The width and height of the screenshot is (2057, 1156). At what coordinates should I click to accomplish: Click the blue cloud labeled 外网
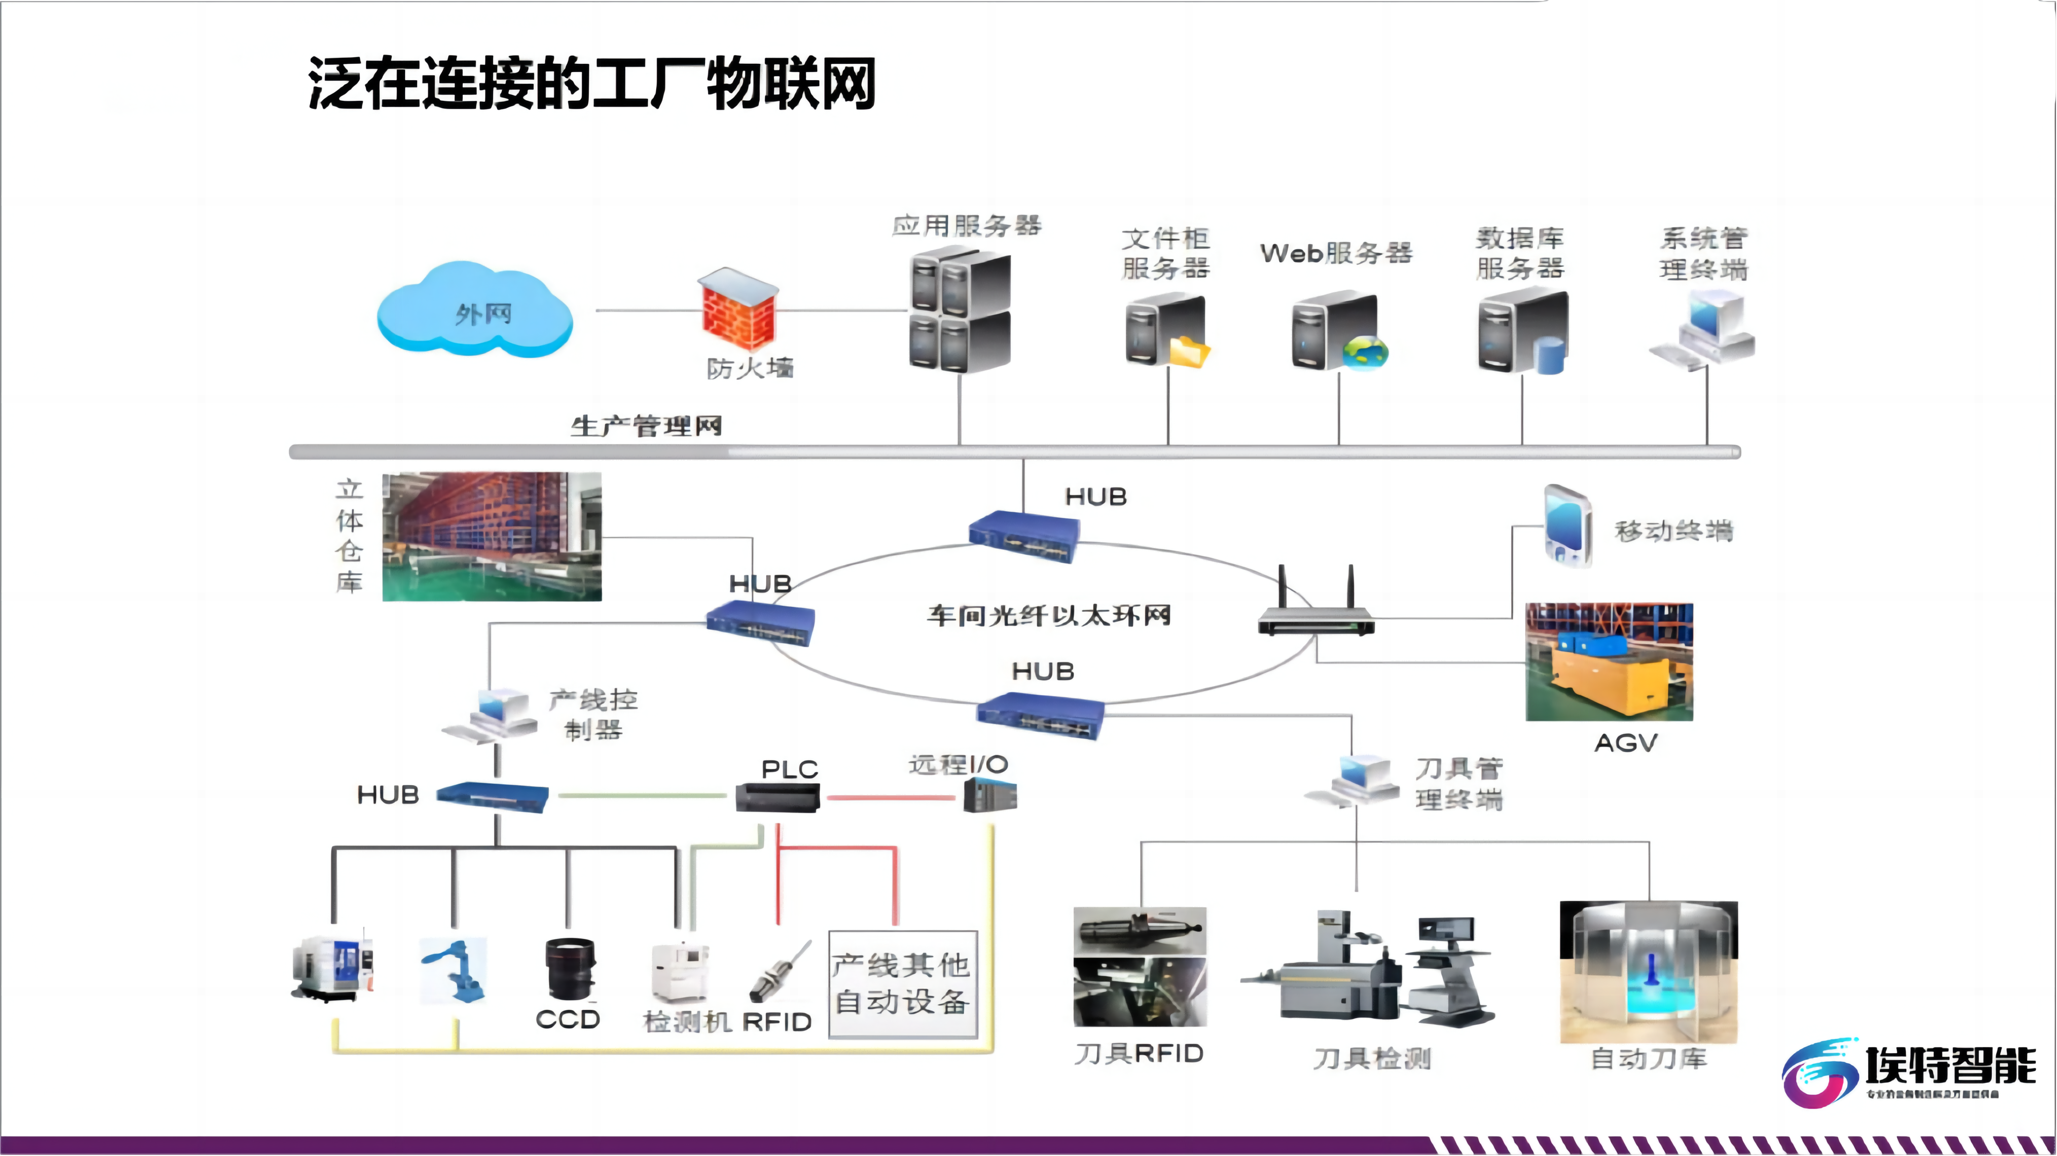pos(475,311)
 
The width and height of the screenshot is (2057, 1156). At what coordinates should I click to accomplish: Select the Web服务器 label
pos(1336,253)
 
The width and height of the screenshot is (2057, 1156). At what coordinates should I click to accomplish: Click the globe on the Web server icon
pos(1365,352)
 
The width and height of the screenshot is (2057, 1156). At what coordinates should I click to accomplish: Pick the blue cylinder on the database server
pos(1549,355)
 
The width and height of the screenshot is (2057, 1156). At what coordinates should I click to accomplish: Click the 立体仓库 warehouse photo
pos(492,536)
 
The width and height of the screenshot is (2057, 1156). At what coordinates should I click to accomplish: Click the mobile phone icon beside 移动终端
pos(1567,526)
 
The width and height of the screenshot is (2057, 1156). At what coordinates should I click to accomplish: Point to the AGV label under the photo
pos(1626,743)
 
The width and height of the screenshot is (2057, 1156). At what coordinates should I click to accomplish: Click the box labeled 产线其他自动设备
pos(903,984)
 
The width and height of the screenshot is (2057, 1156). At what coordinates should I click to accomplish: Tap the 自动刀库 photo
pos(1648,971)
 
